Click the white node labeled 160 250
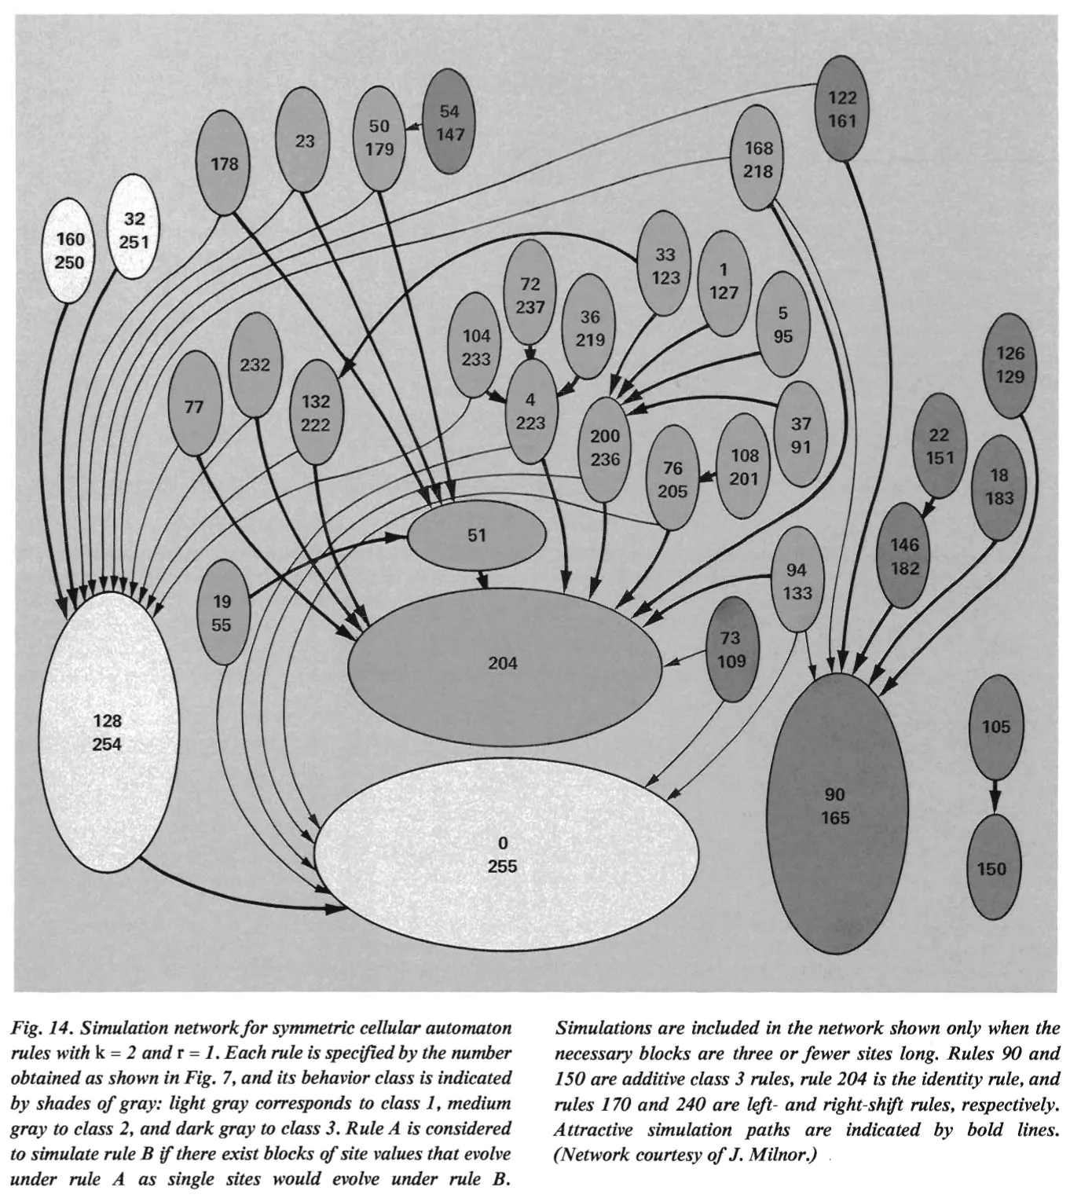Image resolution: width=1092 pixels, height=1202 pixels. pyautogui.click(x=70, y=251)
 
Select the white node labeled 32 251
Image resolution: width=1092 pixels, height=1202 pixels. pyautogui.click(x=134, y=230)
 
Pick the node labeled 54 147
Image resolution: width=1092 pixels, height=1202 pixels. pyautogui.click(x=449, y=123)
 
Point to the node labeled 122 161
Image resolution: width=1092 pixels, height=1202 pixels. pyautogui.click(x=842, y=109)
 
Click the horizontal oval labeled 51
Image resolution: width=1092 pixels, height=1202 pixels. pyautogui.click(x=477, y=536)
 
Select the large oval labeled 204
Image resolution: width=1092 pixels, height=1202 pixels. pyautogui.click(x=504, y=665)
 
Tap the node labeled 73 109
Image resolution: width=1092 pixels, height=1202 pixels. pyautogui.click(x=731, y=650)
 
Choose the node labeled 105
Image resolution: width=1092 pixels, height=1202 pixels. pyautogui.click(x=995, y=727)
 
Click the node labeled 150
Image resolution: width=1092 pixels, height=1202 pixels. pyautogui.click(x=991, y=867)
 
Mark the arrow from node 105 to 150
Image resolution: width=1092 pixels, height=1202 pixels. pyautogui.click(x=994, y=795)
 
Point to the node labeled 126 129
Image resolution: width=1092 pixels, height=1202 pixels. pyautogui.click(x=1010, y=365)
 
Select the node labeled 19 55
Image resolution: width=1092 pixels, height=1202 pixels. pyautogui.click(x=222, y=613)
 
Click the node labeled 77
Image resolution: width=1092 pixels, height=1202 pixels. pyautogui.click(x=194, y=406)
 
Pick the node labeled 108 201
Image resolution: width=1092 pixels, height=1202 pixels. pyautogui.click(x=744, y=467)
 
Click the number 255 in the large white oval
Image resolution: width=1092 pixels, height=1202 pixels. pyautogui.click(x=503, y=867)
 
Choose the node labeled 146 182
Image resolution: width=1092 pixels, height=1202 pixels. pyautogui.click(x=904, y=556)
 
